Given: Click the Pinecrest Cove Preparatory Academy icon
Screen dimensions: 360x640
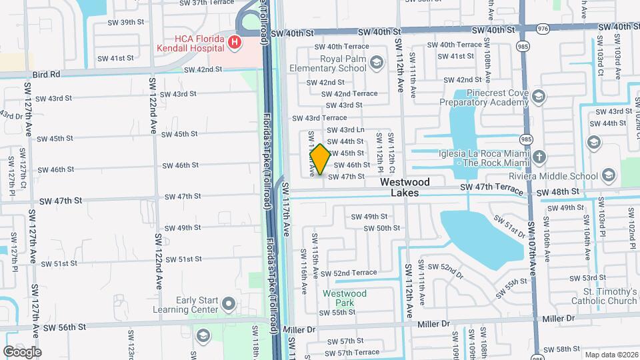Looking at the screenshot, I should click(x=537, y=98).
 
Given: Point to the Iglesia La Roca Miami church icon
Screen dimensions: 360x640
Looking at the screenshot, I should click(x=539, y=157).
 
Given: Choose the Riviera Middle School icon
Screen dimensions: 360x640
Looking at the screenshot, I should click(x=607, y=176).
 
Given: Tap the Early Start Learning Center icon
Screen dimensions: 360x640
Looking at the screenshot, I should click(x=229, y=305).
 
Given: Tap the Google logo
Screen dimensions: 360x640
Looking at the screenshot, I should click(x=22, y=351).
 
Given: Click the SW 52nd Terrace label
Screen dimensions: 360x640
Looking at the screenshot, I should click(x=349, y=273).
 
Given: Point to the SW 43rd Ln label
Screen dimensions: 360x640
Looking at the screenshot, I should click(x=345, y=129).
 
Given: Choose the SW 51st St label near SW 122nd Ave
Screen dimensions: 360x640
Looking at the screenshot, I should click(x=183, y=259).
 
